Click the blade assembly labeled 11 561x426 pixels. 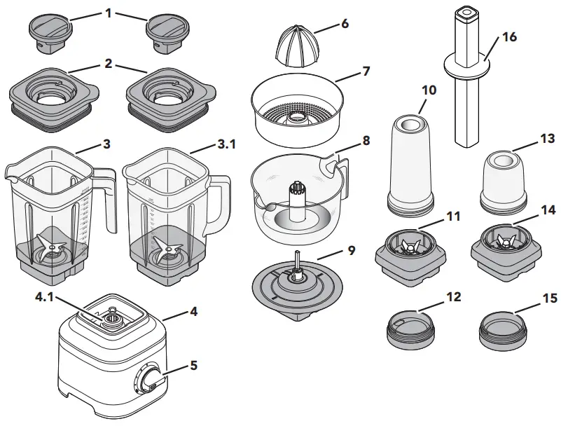tap(410, 249)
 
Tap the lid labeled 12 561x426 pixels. tap(410, 327)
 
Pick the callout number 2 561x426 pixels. tap(108, 64)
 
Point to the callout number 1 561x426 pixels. tap(108, 12)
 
